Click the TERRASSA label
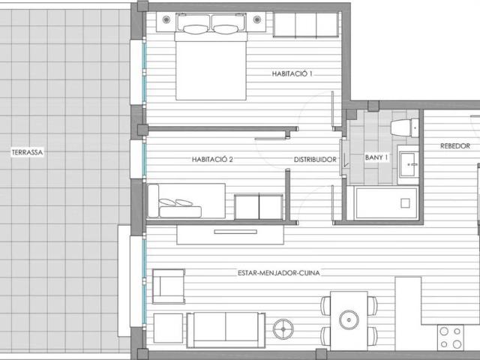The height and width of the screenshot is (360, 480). click(27, 152)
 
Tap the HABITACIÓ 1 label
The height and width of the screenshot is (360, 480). click(292, 73)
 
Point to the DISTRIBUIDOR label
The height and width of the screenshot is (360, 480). click(313, 159)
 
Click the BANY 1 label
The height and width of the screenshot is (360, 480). click(376, 157)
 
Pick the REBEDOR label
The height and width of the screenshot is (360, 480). click(455, 146)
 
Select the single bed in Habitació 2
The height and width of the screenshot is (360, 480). click(187, 201)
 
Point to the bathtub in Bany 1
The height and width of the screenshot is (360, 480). click(385, 202)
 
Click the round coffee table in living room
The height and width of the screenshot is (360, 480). click(284, 328)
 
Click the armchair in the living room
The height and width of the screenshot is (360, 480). click(168, 285)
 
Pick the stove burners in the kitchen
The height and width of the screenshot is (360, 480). click(451, 337)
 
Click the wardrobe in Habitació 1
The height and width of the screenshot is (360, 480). click(306, 25)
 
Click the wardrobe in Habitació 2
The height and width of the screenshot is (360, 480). click(258, 206)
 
